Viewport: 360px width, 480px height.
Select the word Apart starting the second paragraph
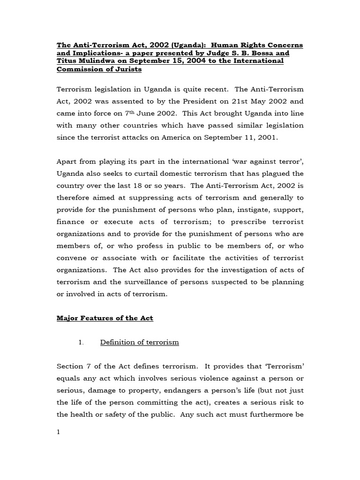point(67,162)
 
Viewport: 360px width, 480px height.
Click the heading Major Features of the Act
point(105,318)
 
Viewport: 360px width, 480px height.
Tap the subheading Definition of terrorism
point(139,343)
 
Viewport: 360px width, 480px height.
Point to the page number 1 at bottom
point(59,432)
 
